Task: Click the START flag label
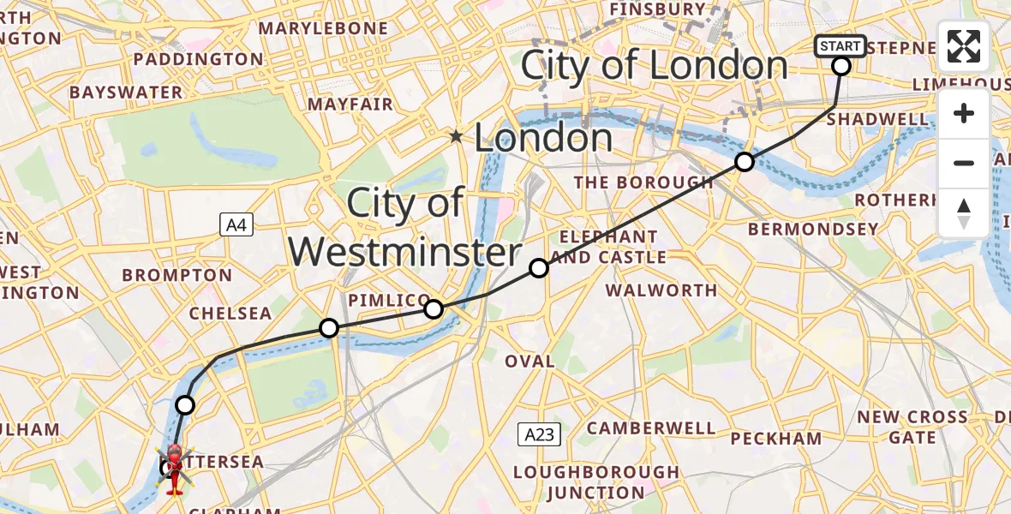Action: coord(841,46)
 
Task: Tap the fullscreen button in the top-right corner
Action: coord(964,46)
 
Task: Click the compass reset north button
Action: coord(964,212)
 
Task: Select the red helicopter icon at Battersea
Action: coord(173,469)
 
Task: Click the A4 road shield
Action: coord(236,225)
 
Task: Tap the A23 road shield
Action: coord(539,434)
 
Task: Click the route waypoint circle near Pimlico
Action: coord(434,309)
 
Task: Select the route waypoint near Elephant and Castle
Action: coord(539,268)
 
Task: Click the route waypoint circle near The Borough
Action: coord(745,162)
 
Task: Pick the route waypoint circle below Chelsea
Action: coord(328,327)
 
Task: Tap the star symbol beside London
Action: coord(456,137)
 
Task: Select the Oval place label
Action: coord(529,362)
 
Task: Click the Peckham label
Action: coord(775,439)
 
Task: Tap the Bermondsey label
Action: coord(813,230)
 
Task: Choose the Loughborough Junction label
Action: coord(595,482)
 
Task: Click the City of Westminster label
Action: coord(404,228)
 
